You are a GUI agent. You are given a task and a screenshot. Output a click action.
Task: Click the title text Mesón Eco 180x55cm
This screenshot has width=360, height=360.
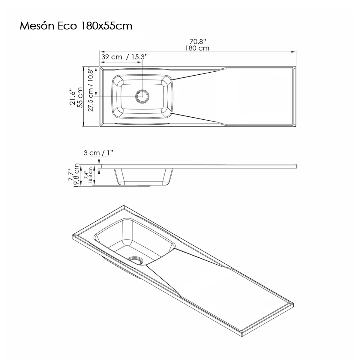click(x=76, y=26)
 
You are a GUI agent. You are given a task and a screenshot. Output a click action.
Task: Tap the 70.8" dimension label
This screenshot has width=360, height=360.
click(x=197, y=42)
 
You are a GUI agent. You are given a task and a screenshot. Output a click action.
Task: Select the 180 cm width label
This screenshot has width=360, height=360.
click(x=197, y=48)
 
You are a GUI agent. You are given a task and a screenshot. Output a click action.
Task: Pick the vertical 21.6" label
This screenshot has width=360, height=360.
click(x=72, y=97)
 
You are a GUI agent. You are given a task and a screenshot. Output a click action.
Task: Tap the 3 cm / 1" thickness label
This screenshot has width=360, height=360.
click(x=98, y=153)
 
